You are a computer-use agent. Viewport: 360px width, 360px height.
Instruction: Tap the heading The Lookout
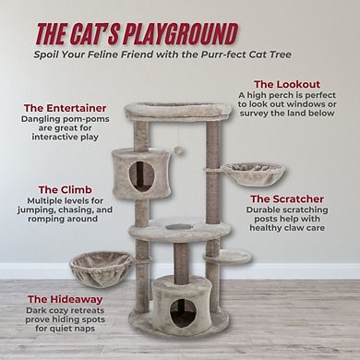click(x=287, y=84)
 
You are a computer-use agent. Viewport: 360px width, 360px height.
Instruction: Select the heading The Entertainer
click(x=66, y=108)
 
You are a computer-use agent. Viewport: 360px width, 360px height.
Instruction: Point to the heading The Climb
click(x=66, y=190)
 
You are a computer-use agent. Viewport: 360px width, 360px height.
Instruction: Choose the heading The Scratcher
click(x=287, y=199)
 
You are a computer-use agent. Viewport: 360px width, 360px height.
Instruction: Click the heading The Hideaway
click(x=66, y=299)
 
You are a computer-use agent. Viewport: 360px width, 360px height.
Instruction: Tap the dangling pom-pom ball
click(x=178, y=150)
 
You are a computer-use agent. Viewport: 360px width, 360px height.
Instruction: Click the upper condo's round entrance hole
click(x=141, y=176)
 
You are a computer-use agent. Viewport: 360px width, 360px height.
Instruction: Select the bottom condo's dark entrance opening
click(x=183, y=312)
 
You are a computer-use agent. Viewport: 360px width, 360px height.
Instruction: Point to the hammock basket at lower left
click(x=102, y=269)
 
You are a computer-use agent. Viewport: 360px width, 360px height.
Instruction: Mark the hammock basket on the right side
click(x=254, y=173)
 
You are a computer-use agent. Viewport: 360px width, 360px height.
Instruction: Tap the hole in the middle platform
click(x=179, y=227)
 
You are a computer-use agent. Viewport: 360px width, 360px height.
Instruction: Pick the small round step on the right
click(x=228, y=257)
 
